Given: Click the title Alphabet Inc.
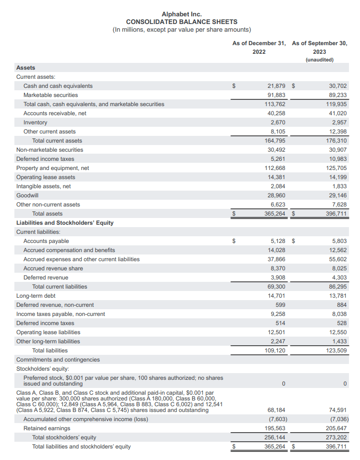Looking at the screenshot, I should pyautogui.click(x=181, y=14).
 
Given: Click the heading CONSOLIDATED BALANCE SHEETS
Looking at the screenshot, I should pyautogui.click(x=181, y=22).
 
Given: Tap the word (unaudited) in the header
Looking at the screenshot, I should pyautogui.click(x=319, y=60).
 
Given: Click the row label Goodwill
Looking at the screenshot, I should pyautogui.click(x=27, y=195).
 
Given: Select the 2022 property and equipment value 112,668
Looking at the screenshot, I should pyautogui.click(x=275, y=168).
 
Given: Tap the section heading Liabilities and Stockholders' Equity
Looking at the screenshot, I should pyautogui.click(x=65, y=223).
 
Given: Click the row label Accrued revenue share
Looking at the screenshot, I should pyautogui.click(x=53, y=268).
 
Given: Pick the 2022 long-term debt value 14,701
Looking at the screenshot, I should pyautogui.click(x=276, y=296).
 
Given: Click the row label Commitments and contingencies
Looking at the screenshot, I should pyautogui.click(x=58, y=360).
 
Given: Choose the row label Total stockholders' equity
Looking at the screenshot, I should pyautogui.click(x=64, y=437).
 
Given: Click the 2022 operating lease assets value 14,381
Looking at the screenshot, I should pyautogui.click(x=276, y=177).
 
